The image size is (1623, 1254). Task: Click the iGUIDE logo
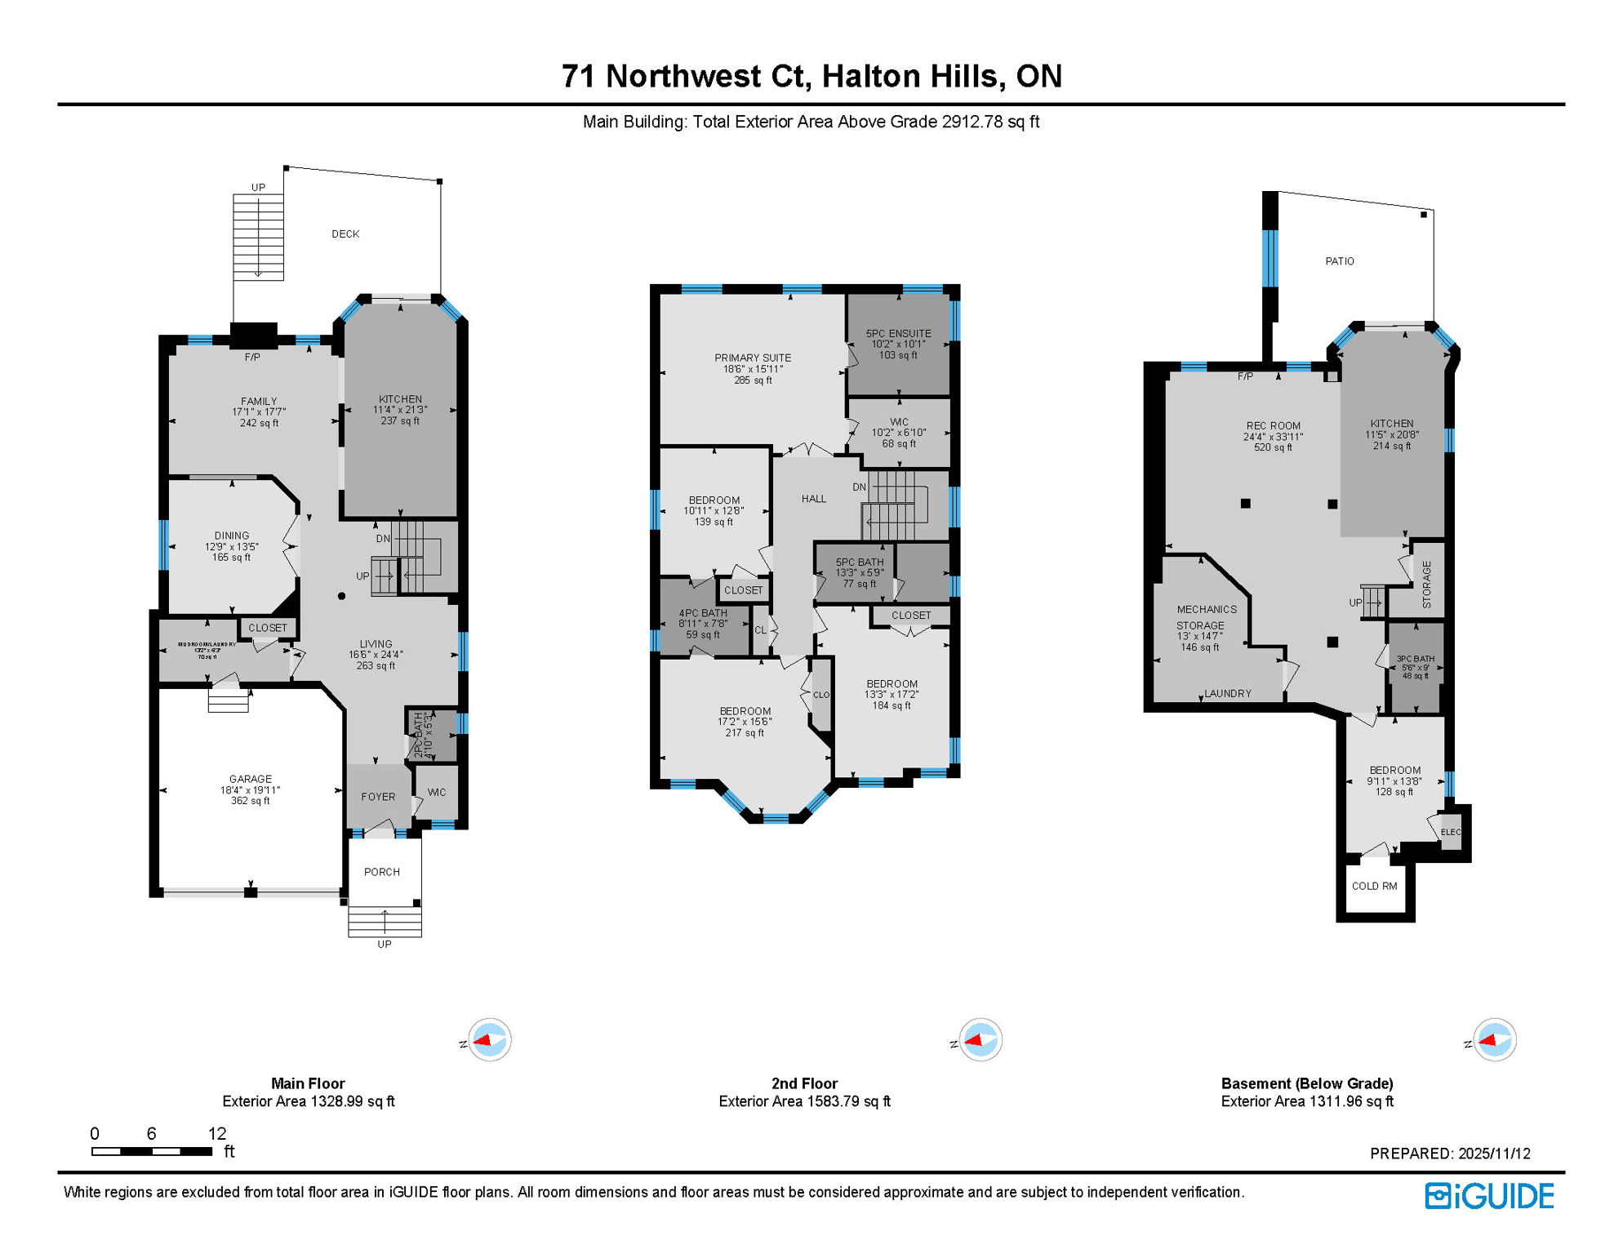[x=1489, y=1196]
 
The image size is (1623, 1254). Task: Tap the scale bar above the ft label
[x=152, y=1151]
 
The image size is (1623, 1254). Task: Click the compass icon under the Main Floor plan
[x=489, y=1040]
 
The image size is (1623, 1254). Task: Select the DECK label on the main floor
[x=345, y=234]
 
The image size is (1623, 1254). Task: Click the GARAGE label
[x=251, y=779]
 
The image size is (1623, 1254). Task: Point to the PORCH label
[x=382, y=872]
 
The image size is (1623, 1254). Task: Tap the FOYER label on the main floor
[x=378, y=797]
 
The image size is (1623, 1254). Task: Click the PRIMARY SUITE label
[x=753, y=358]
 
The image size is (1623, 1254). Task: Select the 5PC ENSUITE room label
[x=898, y=333]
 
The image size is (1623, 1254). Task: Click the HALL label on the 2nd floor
[x=813, y=499]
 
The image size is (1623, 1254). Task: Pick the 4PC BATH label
[x=703, y=613]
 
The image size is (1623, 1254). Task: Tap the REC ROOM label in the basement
[x=1273, y=425]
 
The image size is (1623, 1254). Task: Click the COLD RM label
[x=1374, y=886]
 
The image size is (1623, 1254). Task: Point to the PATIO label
[x=1339, y=261]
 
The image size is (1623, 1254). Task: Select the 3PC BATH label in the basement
[x=1415, y=659]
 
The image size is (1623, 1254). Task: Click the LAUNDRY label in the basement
[x=1227, y=693]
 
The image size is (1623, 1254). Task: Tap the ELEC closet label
[x=1450, y=832]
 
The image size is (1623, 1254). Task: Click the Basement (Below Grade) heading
[x=1306, y=1083]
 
